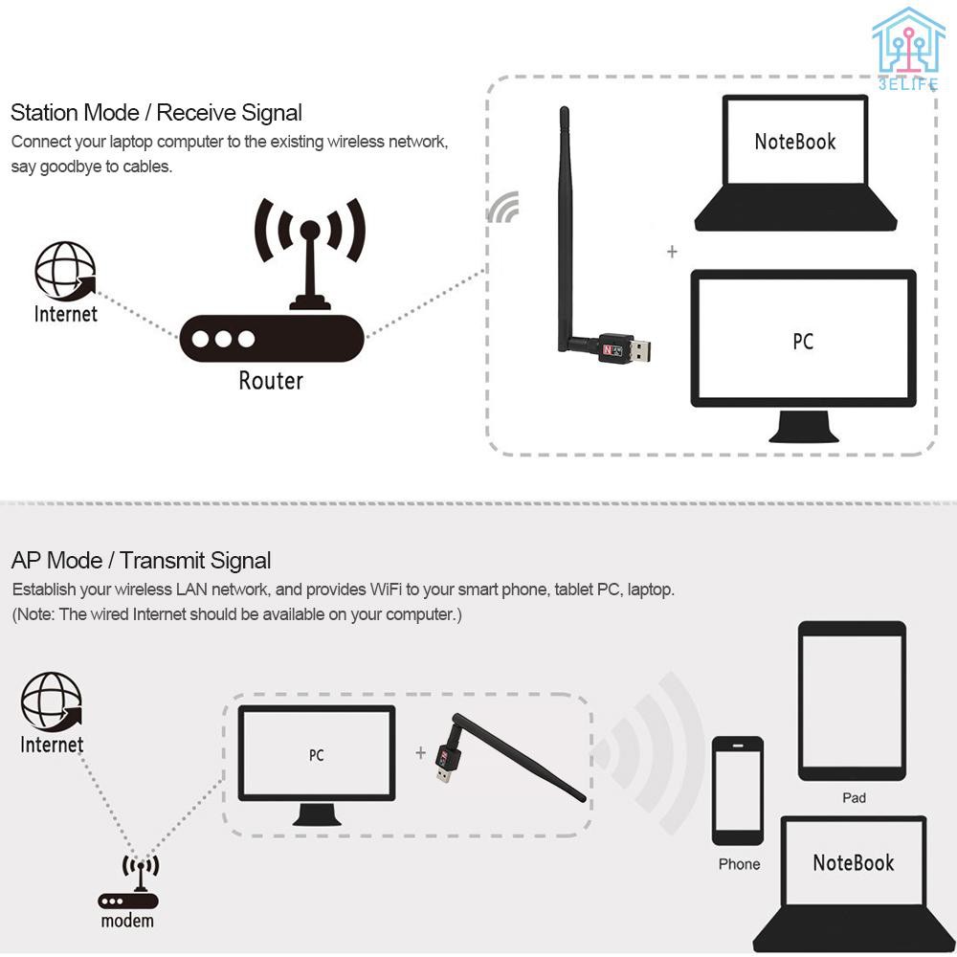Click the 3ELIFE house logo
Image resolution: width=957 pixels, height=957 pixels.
[907, 46]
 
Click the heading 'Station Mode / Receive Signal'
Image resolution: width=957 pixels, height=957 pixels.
[156, 113]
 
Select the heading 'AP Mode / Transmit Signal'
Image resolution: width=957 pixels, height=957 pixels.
[141, 561]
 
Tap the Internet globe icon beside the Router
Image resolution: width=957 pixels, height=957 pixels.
[65, 271]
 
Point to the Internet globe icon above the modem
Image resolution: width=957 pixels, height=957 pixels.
[52, 701]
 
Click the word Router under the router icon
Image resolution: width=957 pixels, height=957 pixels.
[271, 381]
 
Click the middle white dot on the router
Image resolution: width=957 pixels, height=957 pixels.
[223, 339]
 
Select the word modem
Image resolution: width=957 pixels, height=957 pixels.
[127, 922]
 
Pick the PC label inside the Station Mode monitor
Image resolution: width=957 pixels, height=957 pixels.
[803, 342]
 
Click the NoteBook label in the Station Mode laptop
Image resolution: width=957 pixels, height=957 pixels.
[795, 143]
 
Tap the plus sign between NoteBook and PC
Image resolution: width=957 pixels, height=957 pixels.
[672, 252]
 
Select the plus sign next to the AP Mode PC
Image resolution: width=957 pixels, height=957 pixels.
[420, 753]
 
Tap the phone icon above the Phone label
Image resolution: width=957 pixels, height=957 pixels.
[738, 790]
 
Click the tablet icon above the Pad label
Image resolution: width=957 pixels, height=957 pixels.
[852, 701]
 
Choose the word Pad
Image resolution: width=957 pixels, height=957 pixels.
[854, 798]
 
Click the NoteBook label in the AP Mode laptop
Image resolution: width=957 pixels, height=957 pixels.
[853, 863]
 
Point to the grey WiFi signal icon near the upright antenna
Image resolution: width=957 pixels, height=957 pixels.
[504, 207]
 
